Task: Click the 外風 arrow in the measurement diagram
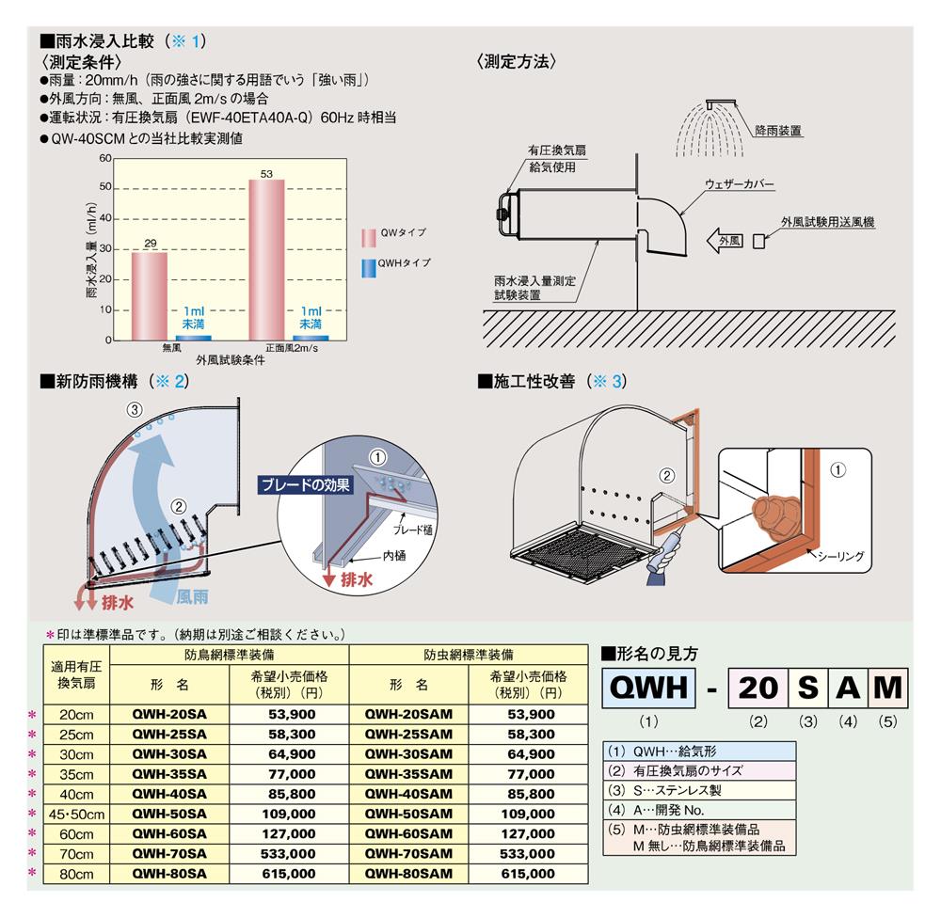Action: coord(725,241)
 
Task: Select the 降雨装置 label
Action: coord(778,131)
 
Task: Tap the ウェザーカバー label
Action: coord(739,184)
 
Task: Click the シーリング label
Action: coord(840,557)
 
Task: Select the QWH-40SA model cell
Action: coord(169,793)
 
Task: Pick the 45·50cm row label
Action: coord(76,814)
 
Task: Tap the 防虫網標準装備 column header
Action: coord(469,654)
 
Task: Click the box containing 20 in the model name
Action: coord(758,688)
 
